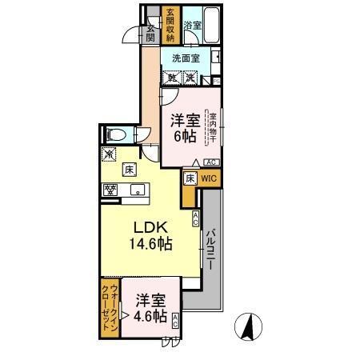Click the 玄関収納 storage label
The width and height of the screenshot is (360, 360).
point(170,25)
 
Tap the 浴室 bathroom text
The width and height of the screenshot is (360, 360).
point(193,26)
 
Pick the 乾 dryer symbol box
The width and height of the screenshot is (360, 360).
point(173,78)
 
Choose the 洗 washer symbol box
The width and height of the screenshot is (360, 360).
point(191,78)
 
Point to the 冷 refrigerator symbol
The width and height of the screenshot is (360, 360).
point(108,153)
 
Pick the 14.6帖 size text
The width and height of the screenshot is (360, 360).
point(150,243)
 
